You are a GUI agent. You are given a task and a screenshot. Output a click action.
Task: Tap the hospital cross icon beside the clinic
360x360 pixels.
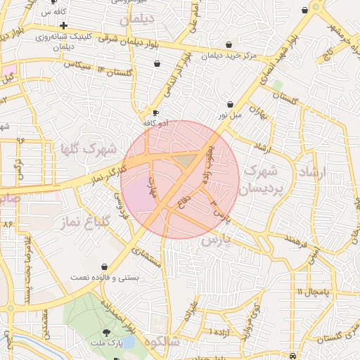pyautogui.click(x=63, y=25)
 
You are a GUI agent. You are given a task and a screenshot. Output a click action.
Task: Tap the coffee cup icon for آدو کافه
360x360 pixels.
pyautogui.click(x=155, y=112)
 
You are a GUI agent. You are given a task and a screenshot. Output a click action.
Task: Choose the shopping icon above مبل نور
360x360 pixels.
pyautogui.click(x=230, y=104)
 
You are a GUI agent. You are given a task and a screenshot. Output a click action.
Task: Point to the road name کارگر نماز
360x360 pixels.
pyautogui.click(x=109, y=172)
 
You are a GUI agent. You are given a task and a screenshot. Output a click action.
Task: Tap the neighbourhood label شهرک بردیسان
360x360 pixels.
pyautogui.click(x=261, y=180)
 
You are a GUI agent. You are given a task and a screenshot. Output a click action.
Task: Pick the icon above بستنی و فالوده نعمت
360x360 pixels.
pyautogui.click(x=105, y=267)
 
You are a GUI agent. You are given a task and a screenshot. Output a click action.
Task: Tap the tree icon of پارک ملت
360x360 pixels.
pyautogui.click(x=106, y=332)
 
